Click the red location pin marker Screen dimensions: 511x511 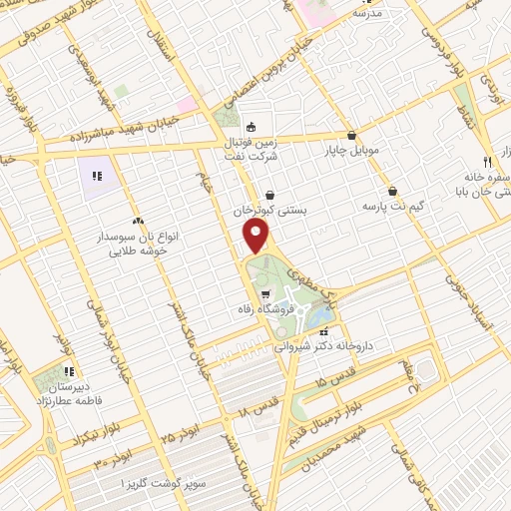coord(256,236)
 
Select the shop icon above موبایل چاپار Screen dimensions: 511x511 coord(351,136)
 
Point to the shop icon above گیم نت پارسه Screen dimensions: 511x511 coord(392,191)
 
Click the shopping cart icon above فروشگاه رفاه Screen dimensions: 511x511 coord(264,294)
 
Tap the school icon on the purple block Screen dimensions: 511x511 coord(97,177)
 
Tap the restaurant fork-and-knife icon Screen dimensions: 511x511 coord(487,161)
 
